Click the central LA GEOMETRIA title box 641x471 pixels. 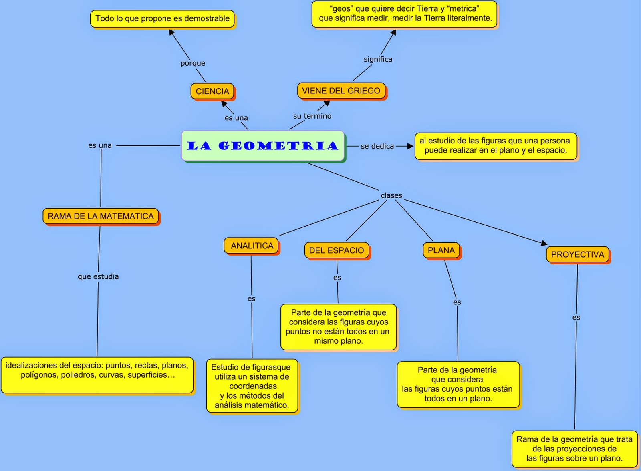point(263,146)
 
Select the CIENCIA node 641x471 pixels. point(212,91)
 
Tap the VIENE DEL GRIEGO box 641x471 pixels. point(341,91)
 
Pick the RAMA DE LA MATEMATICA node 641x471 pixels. point(101,216)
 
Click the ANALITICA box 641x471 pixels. point(252,246)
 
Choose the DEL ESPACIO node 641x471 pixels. point(337,250)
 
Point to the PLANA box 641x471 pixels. point(441,250)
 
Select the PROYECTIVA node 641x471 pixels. point(577,254)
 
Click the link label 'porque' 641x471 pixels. point(193,63)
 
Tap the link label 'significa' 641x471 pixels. point(378,59)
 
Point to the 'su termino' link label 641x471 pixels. point(312,116)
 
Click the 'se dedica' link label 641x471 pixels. point(377,146)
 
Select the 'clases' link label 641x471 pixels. point(391,195)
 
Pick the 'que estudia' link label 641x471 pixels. point(98,276)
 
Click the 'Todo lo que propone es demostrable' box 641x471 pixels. point(162,19)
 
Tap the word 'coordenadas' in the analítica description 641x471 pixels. point(253,386)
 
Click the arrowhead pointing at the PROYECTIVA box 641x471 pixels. point(544,243)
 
